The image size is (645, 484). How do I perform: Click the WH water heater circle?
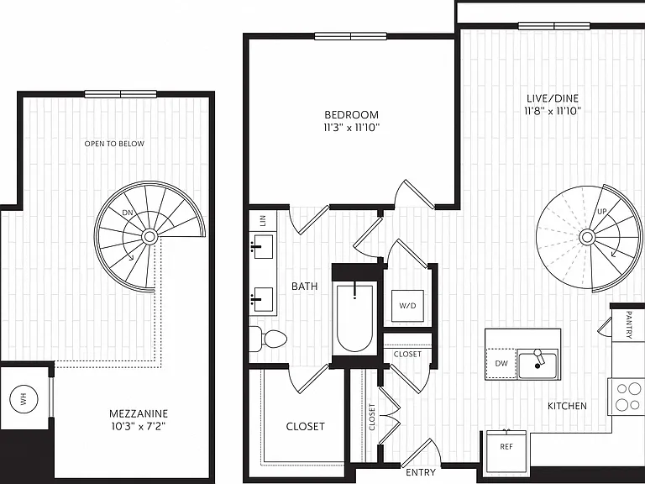(x=24, y=398)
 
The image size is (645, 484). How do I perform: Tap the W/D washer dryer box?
(x=407, y=306)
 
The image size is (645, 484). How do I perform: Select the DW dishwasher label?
(x=501, y=363)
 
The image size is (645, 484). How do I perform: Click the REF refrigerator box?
(x=506, y=451)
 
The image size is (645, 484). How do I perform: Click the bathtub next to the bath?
(x=354, y=317)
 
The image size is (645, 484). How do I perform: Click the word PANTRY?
(x=628, y=324)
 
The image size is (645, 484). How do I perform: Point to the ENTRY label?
(x=421, y=472)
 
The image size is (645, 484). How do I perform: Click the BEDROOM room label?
(x=351, y=114)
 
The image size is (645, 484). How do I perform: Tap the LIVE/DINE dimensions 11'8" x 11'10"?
(x=553, y=111)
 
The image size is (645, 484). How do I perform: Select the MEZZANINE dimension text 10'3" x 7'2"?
(x=139, y=426)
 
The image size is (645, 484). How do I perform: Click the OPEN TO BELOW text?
(x=114, y=144)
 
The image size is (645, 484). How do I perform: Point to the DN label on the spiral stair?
(x=128, y=213)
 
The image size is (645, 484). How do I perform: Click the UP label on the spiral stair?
(x=602, y=212)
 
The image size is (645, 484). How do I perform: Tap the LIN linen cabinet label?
(x=263, y=221)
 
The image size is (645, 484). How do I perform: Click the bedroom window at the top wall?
(x=350, y=36)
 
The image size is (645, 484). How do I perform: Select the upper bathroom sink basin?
(x=263, y=246)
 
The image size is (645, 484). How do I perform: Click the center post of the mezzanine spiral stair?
(x=149, y=236)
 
